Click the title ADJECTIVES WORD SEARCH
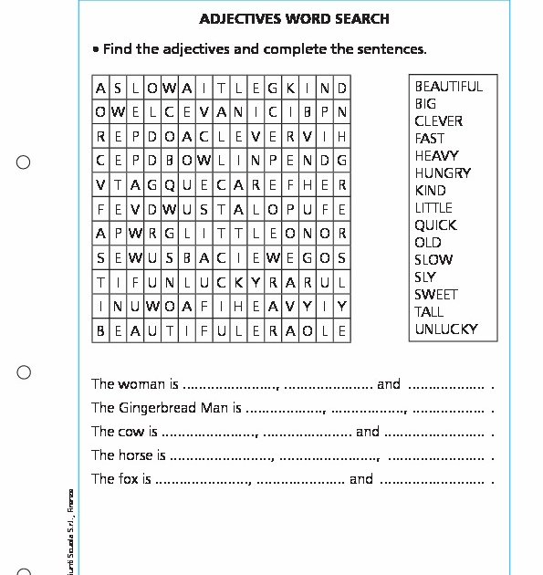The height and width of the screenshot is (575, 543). (x=294, y=18)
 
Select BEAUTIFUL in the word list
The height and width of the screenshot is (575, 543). (x=448, y=87)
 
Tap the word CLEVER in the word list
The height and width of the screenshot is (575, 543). (x=438, y=121)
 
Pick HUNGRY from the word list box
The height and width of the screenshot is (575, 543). (x=443, y=173)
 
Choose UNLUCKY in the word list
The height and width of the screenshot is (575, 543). (x=445, y=329)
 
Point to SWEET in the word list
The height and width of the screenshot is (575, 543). (x=435, y=295)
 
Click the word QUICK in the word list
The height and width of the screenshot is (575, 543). (x=435, y=225)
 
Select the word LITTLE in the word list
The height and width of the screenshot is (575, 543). (x=433, y=208)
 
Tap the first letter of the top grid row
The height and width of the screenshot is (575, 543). (x=100, y=89)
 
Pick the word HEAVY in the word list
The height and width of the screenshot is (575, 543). (x=436, y=156)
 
